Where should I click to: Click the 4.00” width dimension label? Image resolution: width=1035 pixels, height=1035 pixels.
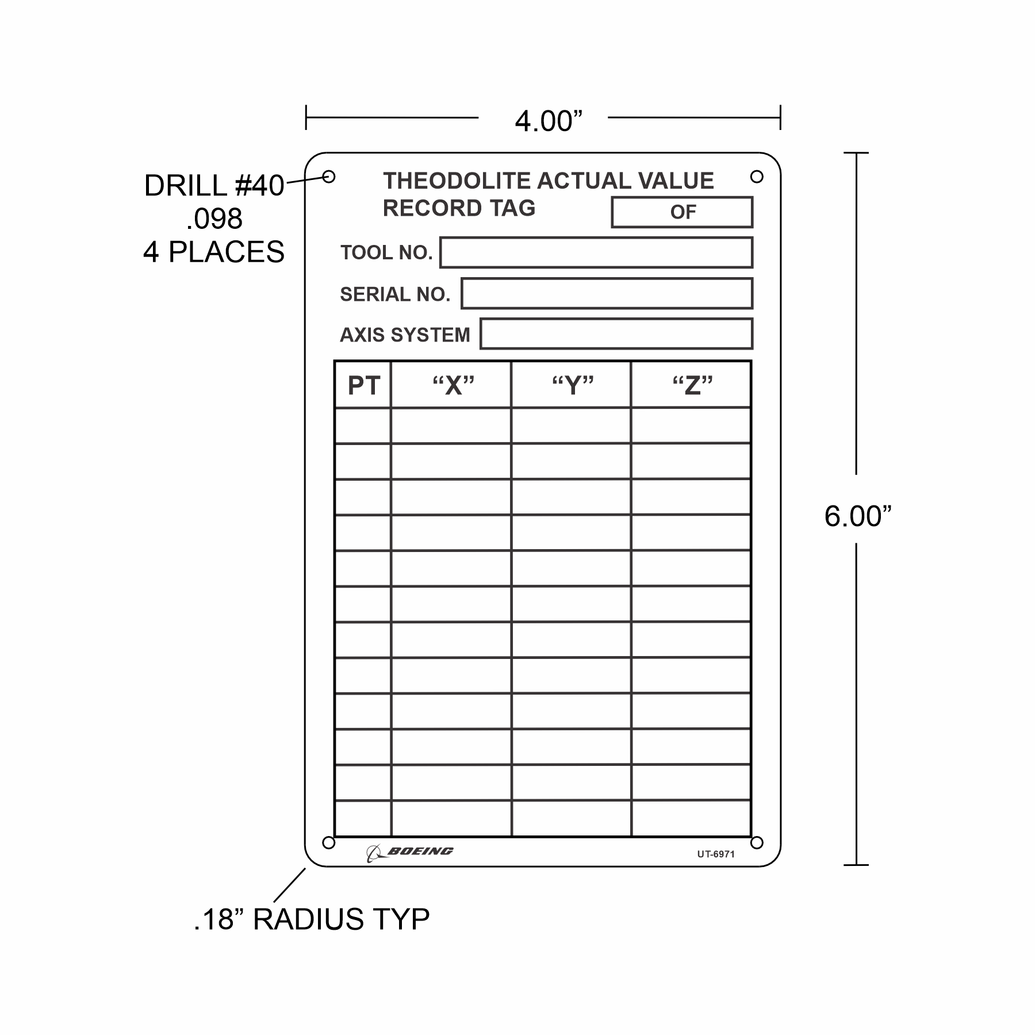click(x=549, y=121)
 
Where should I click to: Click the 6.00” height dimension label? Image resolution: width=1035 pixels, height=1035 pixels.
click(x=857, y=516)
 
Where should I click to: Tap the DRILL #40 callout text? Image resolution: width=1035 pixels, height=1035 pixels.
click(x=214, y=186)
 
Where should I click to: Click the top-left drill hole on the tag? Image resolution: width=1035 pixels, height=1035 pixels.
click(x=329, y=177)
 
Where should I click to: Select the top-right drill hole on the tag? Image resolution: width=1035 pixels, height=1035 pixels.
click(x=757, y=177)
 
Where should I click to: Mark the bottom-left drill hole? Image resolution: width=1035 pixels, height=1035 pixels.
click(x=328, y=842)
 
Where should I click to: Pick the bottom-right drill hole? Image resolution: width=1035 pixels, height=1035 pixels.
click(x=757, y=842)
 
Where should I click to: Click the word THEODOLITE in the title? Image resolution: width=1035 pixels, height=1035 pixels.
click(x=458, y=181)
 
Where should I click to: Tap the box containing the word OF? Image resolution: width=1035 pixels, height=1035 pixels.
click(x=682, y=212)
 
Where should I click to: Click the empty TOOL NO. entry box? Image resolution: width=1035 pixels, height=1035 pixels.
click(x=596, y=252)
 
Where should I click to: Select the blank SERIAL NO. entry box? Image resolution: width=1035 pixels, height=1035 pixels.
click(x=607, y=293)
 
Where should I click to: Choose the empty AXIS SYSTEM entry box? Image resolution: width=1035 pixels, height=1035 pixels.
click(x=616, y=333)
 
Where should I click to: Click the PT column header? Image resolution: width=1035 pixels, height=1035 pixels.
click(x=363, y=385)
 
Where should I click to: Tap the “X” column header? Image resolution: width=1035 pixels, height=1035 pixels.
click(x=454, y=385)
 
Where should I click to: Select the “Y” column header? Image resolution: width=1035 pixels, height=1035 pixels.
click(x=573, y=385)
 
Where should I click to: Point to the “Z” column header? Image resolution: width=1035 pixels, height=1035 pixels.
click(x=693, y=385)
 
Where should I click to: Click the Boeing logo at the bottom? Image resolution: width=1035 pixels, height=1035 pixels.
click(x=410, y=853)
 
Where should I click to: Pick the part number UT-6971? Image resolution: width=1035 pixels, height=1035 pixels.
click(x=716, y=854)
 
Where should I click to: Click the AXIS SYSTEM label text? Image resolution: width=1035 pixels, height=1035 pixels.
click(x=405, y=335)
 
